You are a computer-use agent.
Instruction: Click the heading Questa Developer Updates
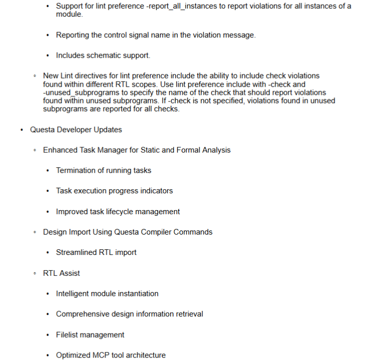coord(76,130)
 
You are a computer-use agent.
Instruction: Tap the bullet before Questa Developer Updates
coord(21,130)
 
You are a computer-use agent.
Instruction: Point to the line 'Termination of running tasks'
coord(103,170)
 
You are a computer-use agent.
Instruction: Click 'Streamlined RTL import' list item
coord(96,252)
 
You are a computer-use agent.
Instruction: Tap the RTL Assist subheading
coord(61,273)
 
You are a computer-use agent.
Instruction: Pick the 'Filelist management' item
coord(90,335)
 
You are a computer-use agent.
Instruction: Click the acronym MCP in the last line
coord(103,355)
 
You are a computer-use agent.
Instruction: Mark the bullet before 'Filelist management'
coord(47,335)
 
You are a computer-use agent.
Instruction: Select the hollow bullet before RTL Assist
coord(35,273)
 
